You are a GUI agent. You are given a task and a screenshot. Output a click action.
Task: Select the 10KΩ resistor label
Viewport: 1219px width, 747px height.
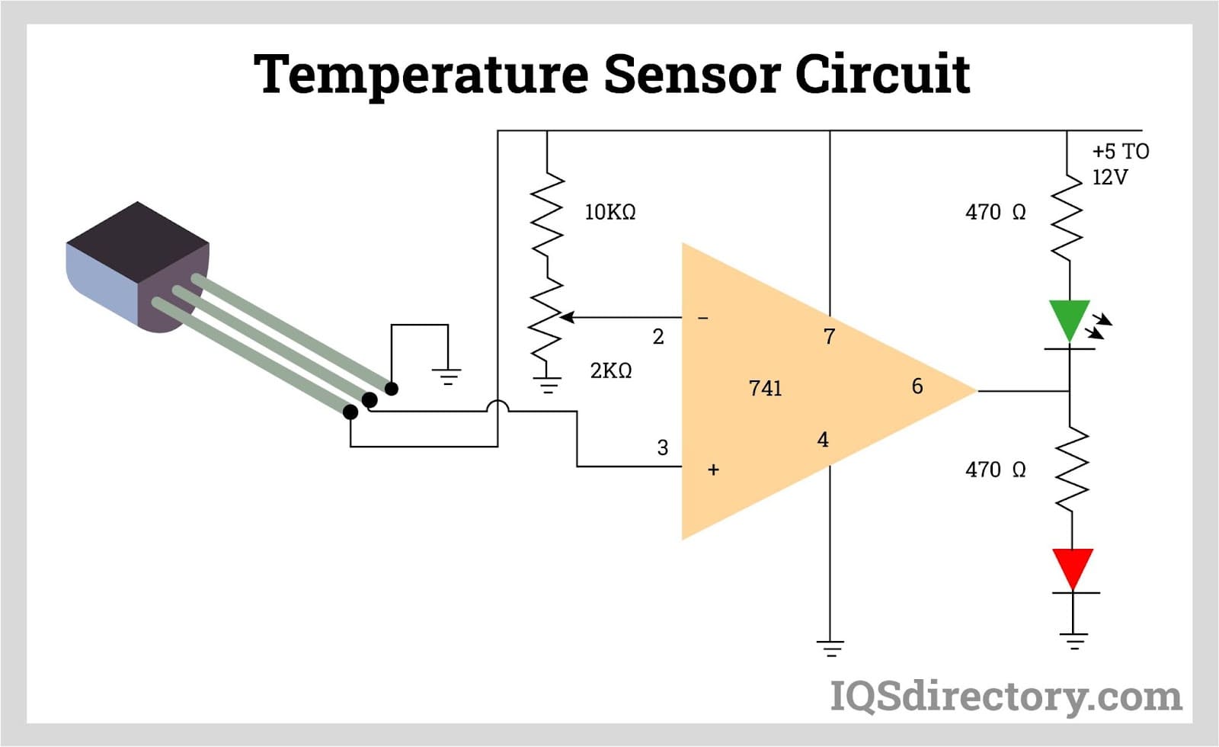click(609, 212)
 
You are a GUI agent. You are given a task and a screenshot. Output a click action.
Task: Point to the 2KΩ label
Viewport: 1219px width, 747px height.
click(610, 370)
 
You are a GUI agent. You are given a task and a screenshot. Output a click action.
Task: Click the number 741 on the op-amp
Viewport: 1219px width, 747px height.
click(765, 389)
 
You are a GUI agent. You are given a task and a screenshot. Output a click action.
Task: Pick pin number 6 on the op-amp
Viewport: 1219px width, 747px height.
click(917, 386)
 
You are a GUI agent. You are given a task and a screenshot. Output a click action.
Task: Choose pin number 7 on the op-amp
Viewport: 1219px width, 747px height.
click(829, 336)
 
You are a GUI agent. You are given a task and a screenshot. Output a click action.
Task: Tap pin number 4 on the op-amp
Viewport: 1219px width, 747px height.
click(823, 440)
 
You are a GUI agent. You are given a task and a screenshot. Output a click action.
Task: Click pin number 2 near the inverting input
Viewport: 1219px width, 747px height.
click(658, 336)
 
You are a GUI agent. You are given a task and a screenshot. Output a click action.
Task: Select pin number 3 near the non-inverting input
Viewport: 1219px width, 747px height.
click(662, 447)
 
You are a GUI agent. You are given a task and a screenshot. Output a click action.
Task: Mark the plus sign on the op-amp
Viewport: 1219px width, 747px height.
click(713, 470)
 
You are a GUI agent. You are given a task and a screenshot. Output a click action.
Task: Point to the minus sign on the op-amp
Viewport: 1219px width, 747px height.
click(703, 317)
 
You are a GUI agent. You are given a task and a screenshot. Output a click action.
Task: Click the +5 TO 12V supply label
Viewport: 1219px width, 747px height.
click(1119, 164)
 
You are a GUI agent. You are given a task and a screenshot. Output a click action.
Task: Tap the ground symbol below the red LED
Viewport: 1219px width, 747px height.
click(1073, 641)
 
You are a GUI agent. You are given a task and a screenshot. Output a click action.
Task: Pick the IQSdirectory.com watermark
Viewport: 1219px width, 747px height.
click(1005, 697)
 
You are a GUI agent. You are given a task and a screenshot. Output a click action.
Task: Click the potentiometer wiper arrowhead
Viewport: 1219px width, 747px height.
click(566, 317)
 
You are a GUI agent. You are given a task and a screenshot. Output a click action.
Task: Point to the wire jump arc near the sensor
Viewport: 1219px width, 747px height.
click(498, 406)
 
